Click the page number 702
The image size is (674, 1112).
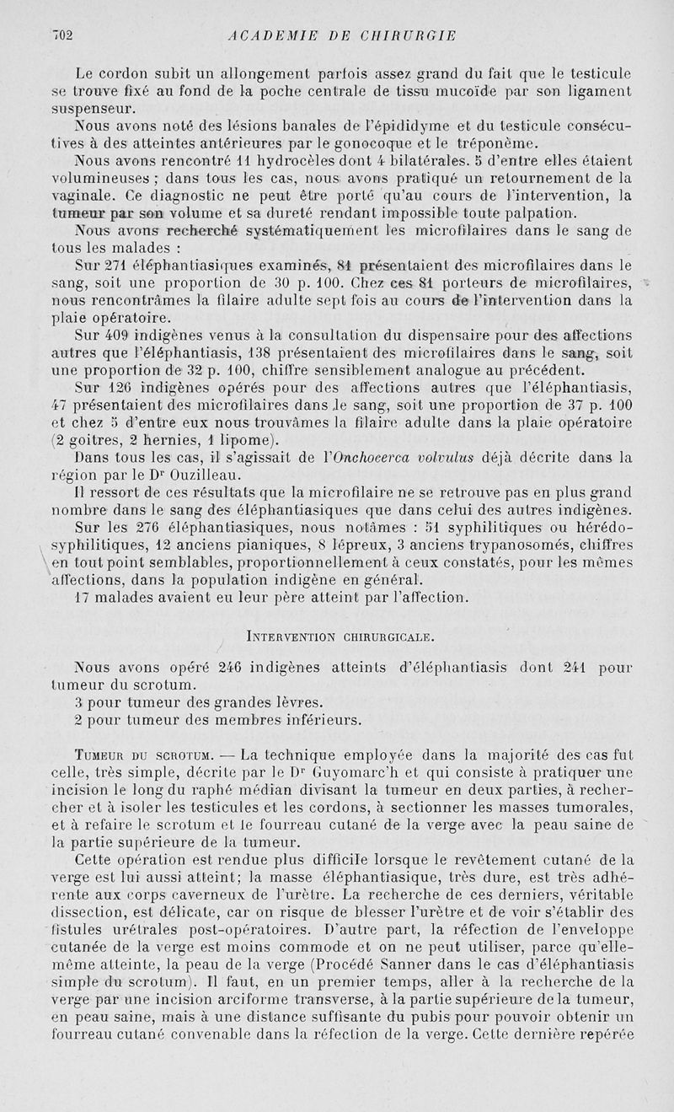click(x=64, y=35)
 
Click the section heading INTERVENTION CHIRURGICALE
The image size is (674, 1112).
click(x=338, y=633)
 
